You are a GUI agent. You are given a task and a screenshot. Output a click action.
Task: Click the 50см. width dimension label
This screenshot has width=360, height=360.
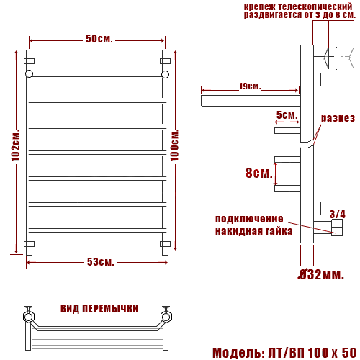pos(99,38)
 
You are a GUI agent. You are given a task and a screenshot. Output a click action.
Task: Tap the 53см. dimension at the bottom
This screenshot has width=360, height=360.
pos(101,261)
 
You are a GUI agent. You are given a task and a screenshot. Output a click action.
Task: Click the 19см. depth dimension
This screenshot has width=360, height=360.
pos(249,87)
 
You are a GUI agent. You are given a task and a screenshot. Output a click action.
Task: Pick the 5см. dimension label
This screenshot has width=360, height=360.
pos(287,115)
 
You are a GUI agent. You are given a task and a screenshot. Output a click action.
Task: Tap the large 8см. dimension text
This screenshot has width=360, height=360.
pos(258,174)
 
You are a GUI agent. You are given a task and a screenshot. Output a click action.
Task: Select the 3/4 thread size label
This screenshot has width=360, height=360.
pos(336,214)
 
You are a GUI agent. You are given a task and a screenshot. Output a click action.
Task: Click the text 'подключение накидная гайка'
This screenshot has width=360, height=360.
pos(253,225)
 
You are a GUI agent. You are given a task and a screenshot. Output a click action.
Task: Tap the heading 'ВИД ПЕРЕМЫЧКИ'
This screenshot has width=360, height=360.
pos(99,308)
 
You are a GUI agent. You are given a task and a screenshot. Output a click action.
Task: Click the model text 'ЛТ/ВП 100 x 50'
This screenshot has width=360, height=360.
pos(314,353)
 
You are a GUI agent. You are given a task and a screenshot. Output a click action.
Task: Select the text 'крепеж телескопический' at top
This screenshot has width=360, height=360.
pos(297,5)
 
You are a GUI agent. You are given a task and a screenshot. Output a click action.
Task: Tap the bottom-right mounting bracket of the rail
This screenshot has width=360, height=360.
pos(165,244)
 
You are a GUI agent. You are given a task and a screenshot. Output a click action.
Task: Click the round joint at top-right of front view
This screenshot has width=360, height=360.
pos(165,73)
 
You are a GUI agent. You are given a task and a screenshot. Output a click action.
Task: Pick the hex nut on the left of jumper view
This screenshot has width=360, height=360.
pos(29,315)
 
